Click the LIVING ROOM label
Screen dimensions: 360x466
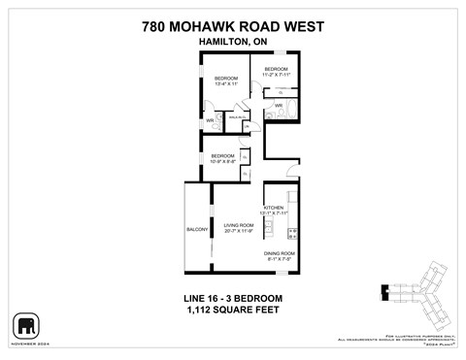pyautogui.click(x=238, y=229)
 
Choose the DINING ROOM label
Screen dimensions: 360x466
pyautogui.click(x=281, y=256)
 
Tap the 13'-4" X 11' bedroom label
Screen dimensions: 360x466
pyautogui.click(x=226, y=81)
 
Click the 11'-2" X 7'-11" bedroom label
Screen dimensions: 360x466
pyautogui.click(x=277, y=71)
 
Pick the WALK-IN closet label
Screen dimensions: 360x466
pyautogui.click(x=234, y=115)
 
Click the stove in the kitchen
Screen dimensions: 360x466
pyautogui.click(x=294, y=232)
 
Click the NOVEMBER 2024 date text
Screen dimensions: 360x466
pyautogui.click(x=27, y=342)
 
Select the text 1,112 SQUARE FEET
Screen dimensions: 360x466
pyautogui.click(x=232, y=310)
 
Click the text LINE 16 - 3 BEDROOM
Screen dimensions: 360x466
pyautogui.click(x=232, y=297)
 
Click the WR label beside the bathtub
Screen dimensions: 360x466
pyautogui.click(x=279, y=106)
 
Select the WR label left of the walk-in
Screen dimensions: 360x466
pyautogui.click(x=209, y=121)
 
